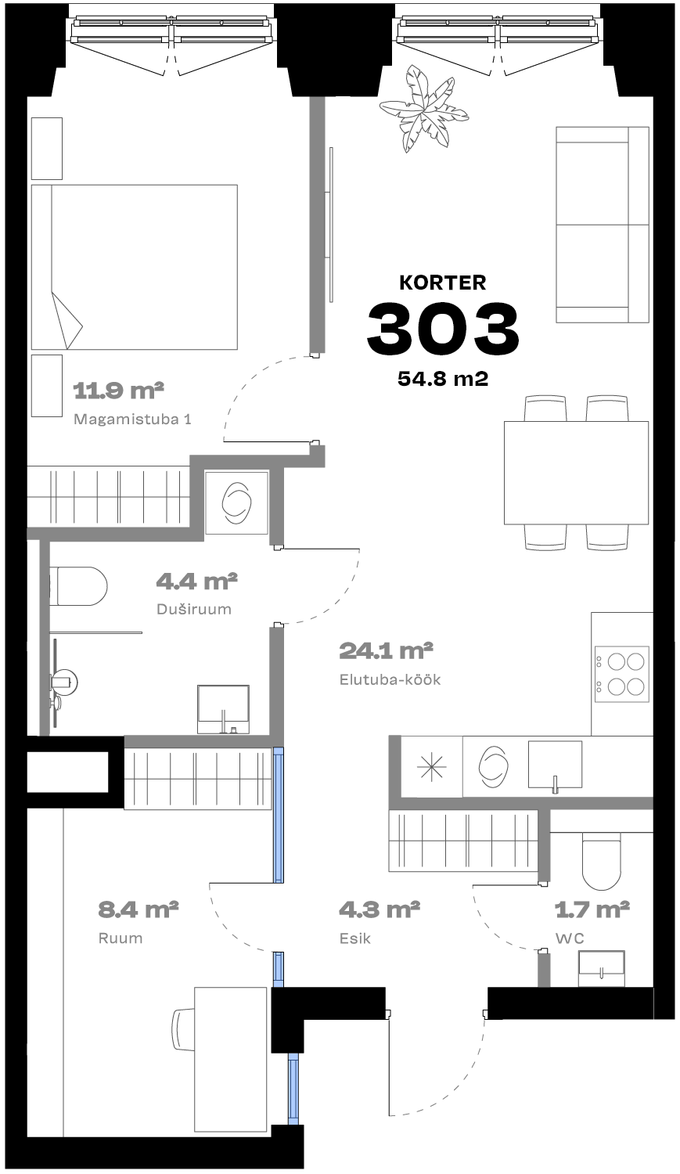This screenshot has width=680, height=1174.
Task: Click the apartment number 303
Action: (x=443, y=328)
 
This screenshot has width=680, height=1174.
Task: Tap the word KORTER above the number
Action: (x=443, y=283)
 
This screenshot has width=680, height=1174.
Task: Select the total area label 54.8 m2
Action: (x=443, y=378)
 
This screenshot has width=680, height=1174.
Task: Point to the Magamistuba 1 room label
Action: (x=132, y=420)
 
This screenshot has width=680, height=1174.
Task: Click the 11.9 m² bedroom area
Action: (x=118, y=391)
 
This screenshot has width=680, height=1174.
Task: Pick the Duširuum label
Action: (x=194, y=609)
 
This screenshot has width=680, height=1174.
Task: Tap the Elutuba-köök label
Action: (x=390, y=679)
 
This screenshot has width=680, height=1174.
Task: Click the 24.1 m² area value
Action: (x=386, y=651)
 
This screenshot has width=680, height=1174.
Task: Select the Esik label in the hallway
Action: (x=354, y=938)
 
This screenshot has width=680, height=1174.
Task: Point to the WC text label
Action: (x=570, y=938)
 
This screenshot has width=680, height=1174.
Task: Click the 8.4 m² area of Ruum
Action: (x=139, y=909)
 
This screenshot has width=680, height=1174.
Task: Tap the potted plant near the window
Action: (x=423, y=109)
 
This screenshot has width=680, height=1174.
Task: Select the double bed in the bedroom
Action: (x=134, y=267)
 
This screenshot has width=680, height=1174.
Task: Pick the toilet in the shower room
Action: (x=78, y=586)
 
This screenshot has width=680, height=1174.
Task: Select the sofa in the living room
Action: (x=603, y=225)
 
